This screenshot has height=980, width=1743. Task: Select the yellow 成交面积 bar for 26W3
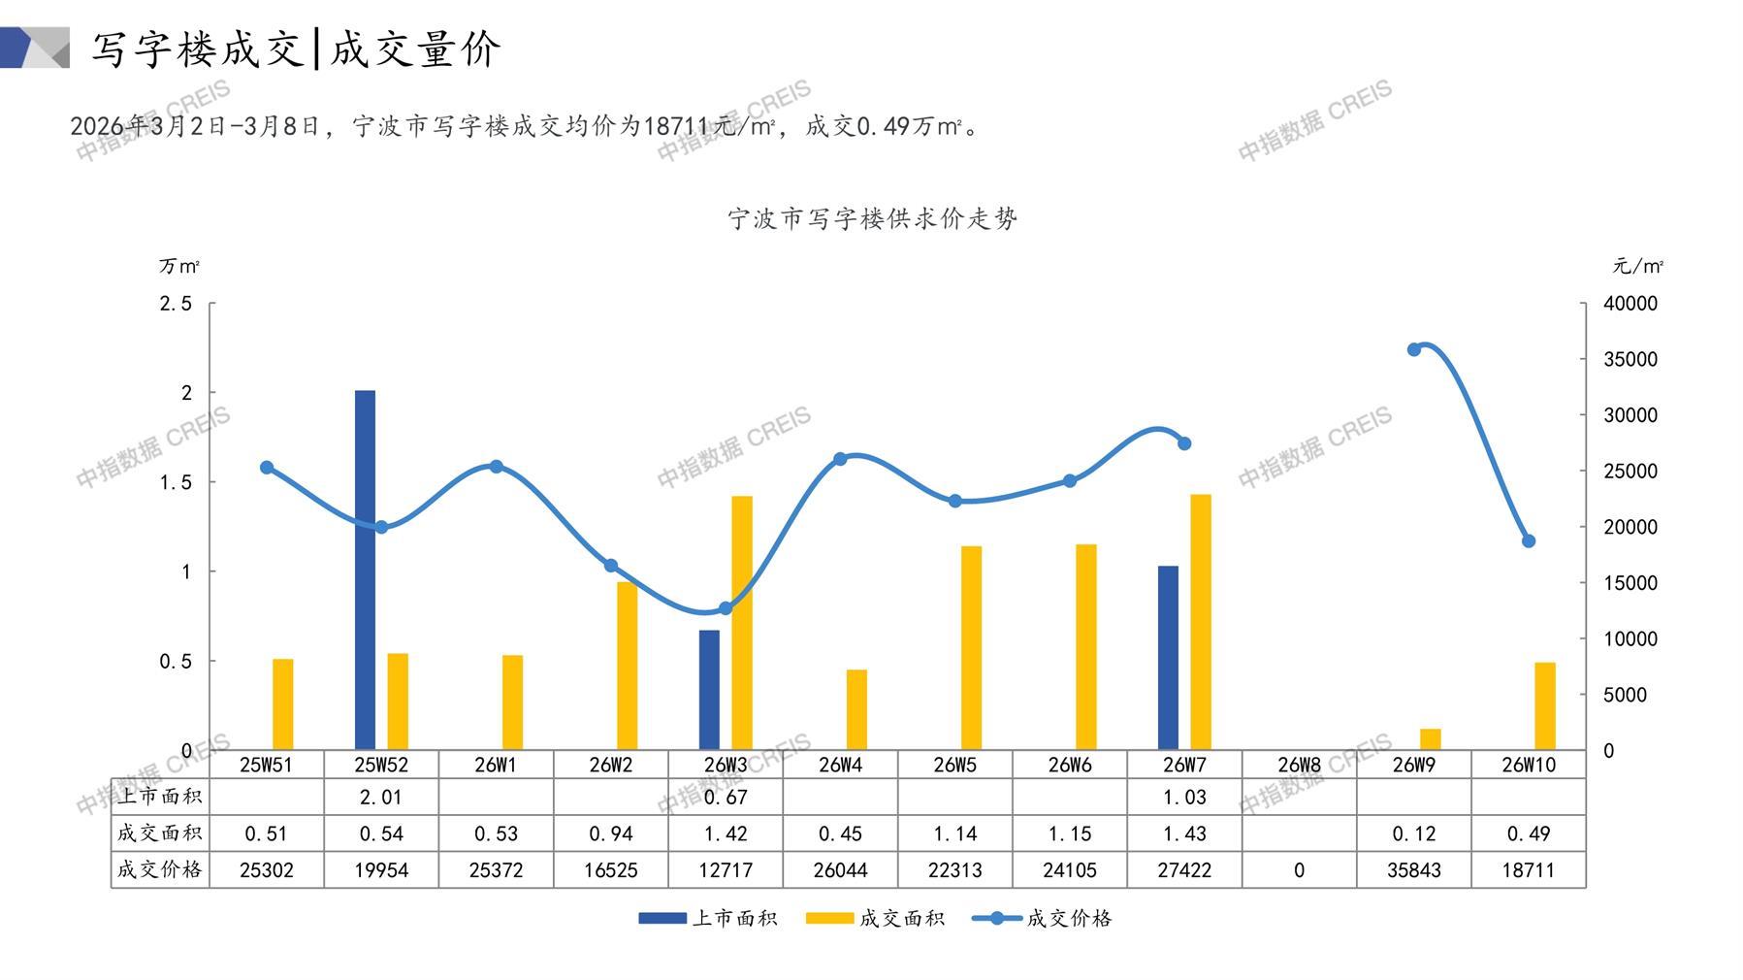tap(742, 622)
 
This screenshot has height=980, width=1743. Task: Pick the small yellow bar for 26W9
tap(1431, 738)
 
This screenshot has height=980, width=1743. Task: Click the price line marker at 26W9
tap(1414, 349)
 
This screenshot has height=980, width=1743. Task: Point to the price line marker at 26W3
tap(726, 608)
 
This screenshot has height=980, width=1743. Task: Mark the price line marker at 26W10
tap(1529, 541)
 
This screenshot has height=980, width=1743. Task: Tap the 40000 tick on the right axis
tap(1630, 304)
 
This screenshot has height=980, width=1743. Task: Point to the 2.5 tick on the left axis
tap(176, 304)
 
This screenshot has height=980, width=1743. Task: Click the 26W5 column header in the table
tap(954, 765)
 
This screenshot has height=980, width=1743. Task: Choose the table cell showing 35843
tap(1413, 870)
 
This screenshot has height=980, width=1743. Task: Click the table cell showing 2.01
tap(380, 798)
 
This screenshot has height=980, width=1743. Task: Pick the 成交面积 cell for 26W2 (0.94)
tap(610, 833)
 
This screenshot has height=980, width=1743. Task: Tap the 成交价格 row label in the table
tap(160, 869)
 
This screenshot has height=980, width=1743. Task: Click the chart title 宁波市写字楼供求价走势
tap(872, 218)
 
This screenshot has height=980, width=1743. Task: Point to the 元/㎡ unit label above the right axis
tap(1637, 266)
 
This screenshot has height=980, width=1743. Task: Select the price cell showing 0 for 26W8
tap(1299, 870)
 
